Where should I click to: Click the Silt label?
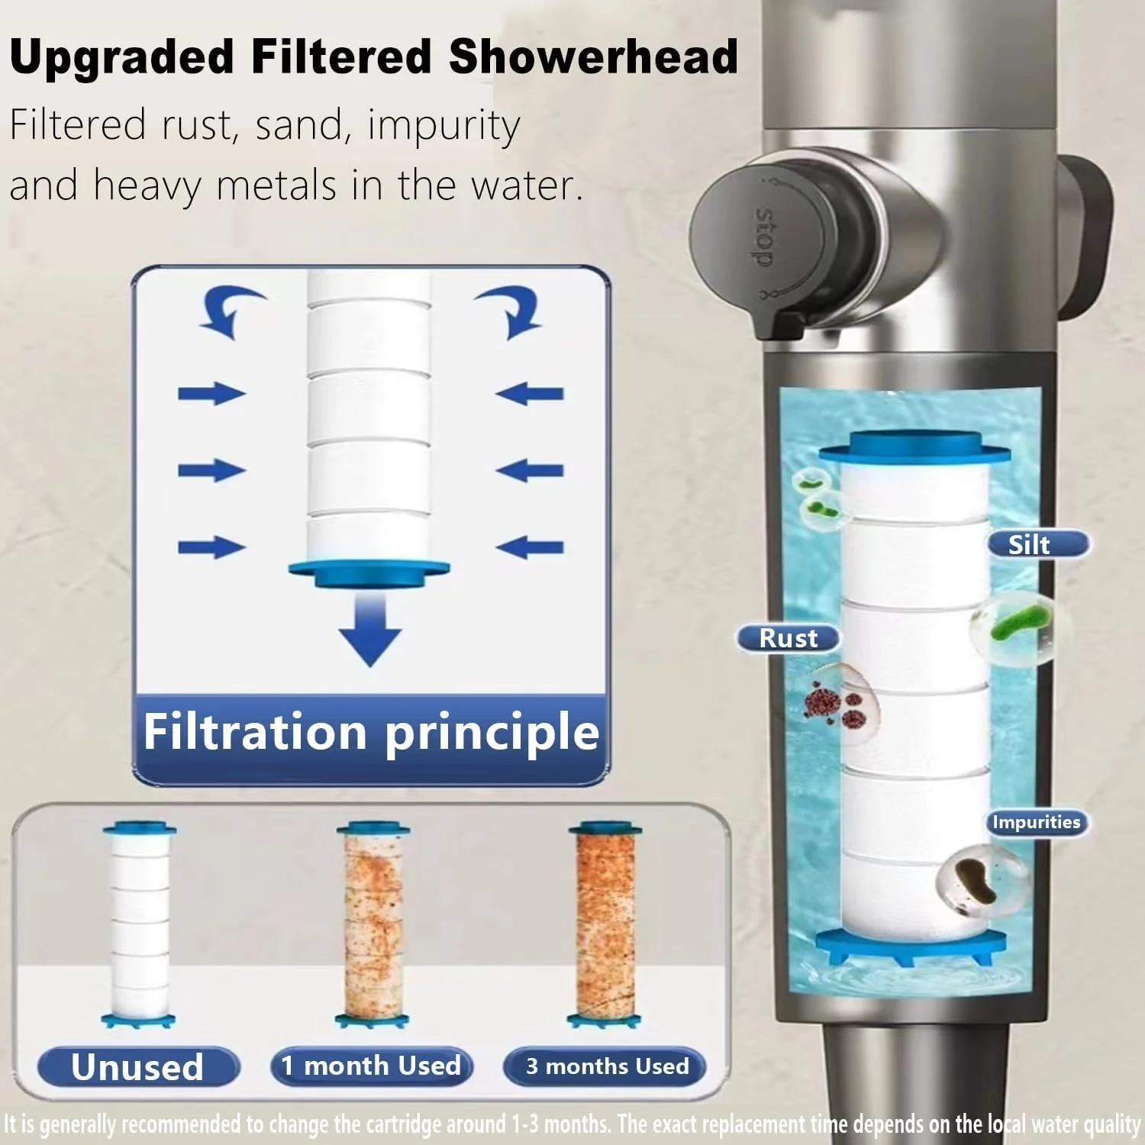(1038, 544)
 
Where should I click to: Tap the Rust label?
(789, 638)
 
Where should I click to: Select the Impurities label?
(1036, 822)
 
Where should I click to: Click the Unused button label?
(138, 1066)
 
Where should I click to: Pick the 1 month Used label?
(371, 1066)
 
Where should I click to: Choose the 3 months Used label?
(607, 1066)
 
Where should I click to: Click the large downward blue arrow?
(370, 630)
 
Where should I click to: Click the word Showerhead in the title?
(593, 56)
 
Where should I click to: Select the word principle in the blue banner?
(492, 733)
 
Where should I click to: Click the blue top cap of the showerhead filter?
(914, 447)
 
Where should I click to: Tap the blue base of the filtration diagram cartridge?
(369, 573)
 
